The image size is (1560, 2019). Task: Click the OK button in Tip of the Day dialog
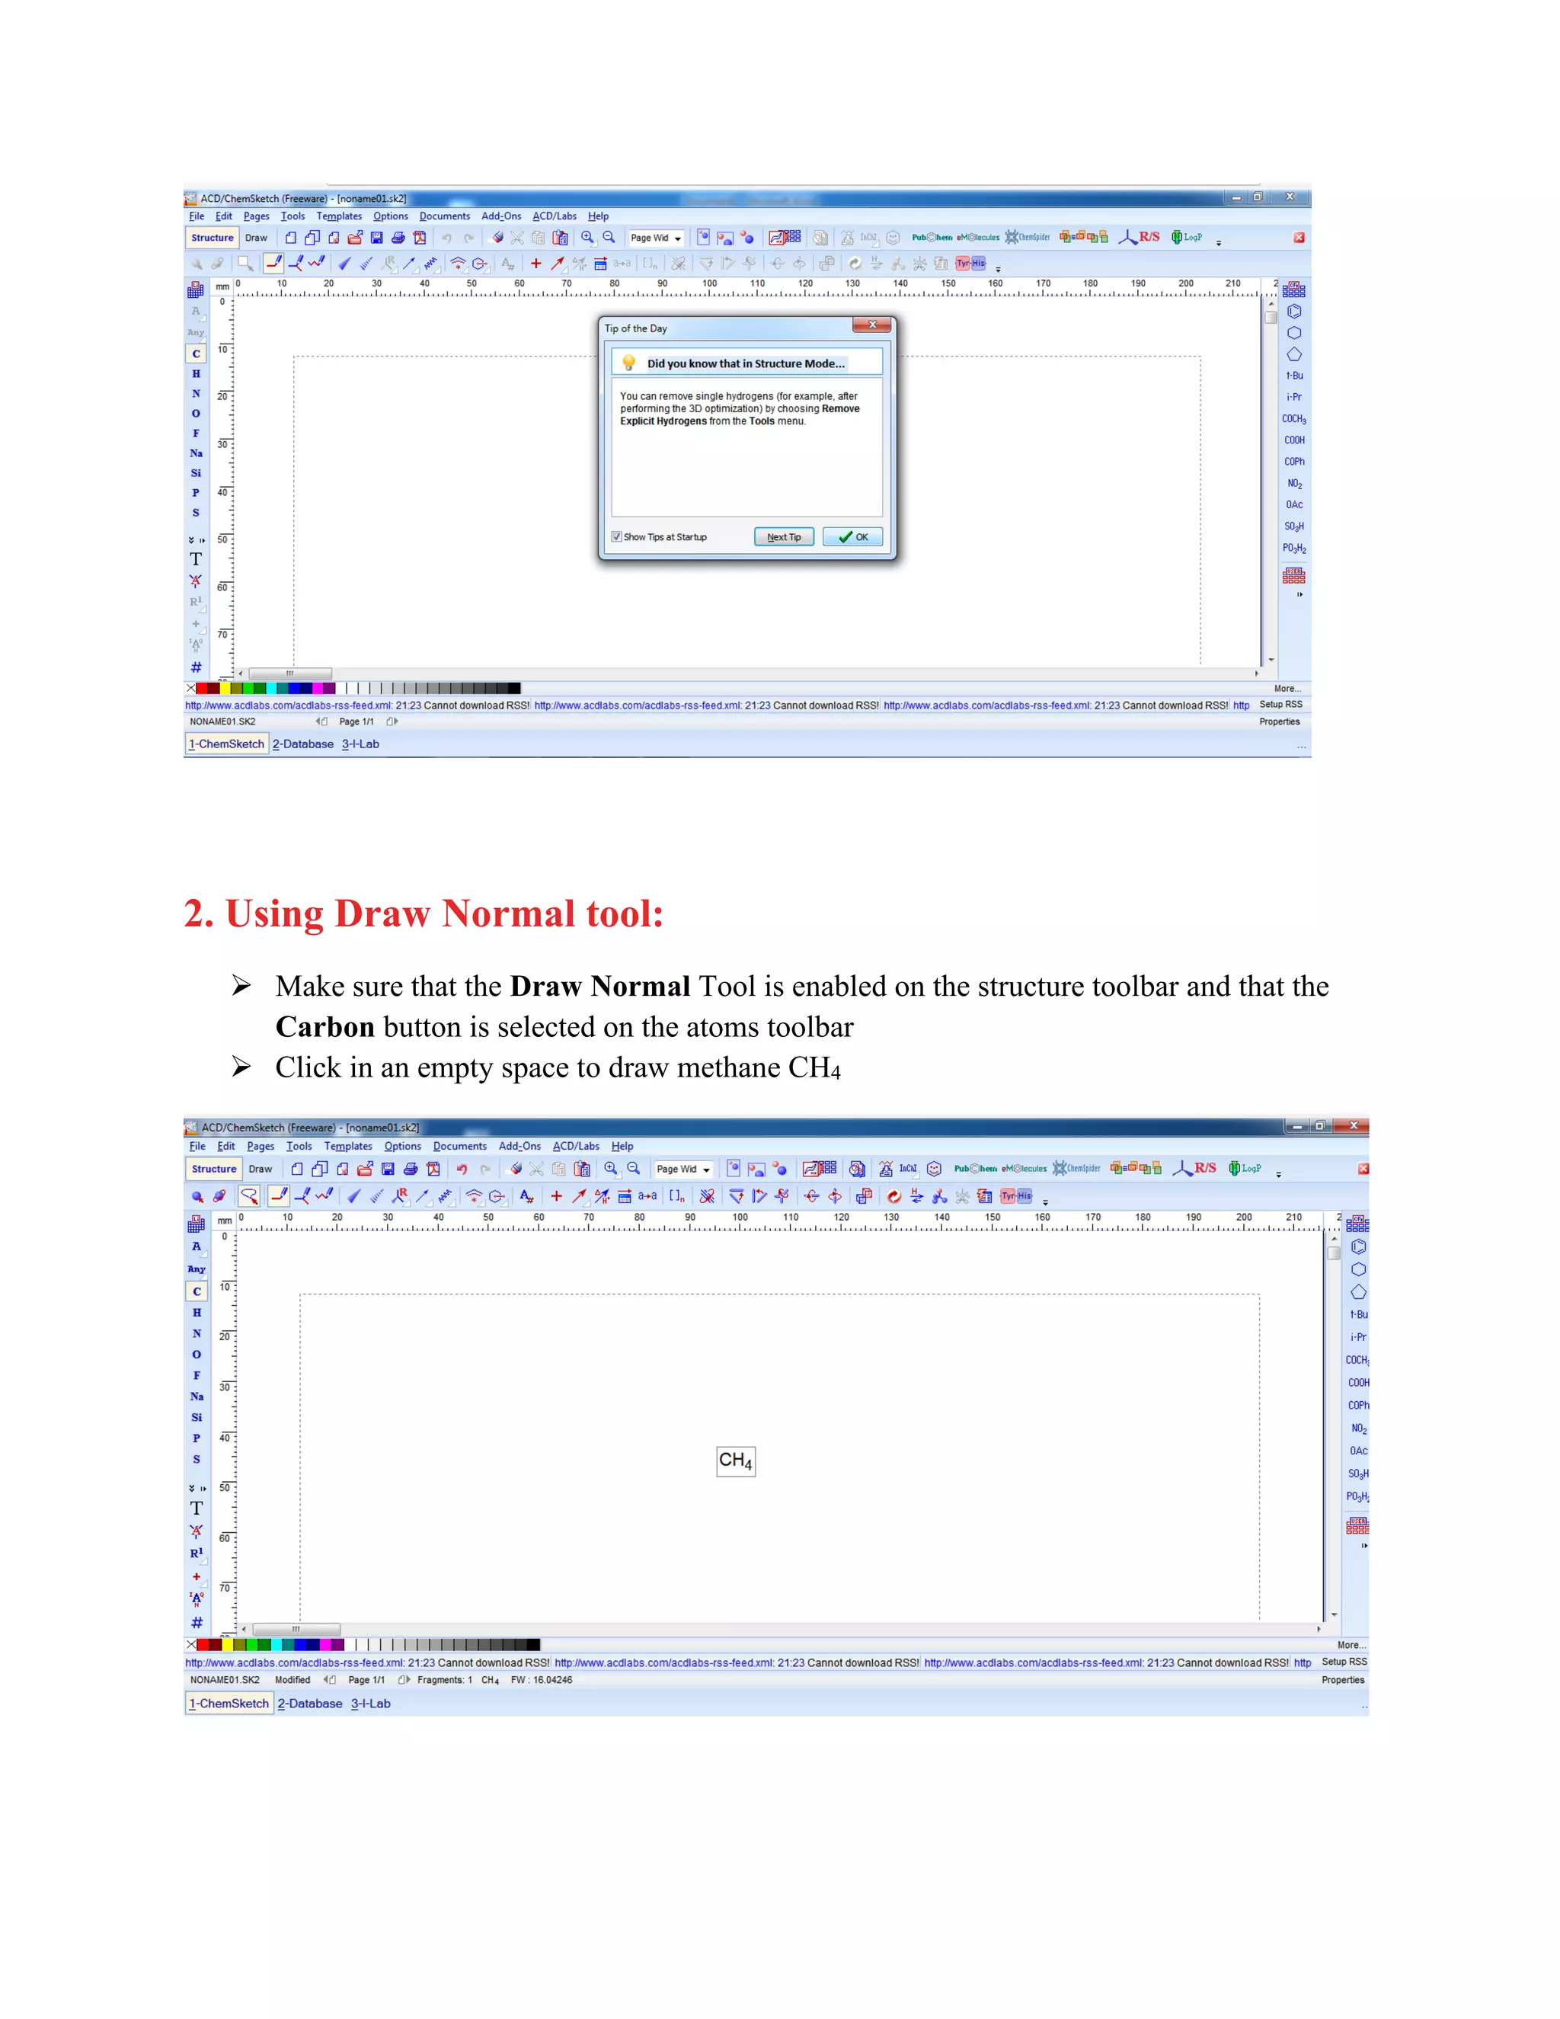pos(852,537)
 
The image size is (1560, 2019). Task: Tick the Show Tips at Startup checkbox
pos(616,537)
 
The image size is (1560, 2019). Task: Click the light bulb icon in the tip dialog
pos(628,363)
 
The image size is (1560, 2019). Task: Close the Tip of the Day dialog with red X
pos(871,325)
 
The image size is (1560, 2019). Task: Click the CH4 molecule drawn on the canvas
pos(736,1461)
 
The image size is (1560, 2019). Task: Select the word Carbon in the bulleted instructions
pos(324,1027)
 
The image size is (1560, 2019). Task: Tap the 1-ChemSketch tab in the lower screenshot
pos(229,1703)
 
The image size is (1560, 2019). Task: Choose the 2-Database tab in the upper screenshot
pos(303,744)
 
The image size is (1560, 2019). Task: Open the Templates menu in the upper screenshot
pos(339,216)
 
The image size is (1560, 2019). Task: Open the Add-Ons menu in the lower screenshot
pos(519,1147)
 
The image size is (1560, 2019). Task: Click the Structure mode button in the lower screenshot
pos(213,1169)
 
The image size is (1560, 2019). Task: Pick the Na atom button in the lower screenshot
pos(197,1396)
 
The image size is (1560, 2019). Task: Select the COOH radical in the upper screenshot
pos(1294,440)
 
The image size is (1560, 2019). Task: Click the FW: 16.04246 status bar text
pos(542,1680)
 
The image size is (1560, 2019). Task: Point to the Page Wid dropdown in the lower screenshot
pos(683,1169)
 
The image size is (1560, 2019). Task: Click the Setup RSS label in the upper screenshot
pos(1280,705)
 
